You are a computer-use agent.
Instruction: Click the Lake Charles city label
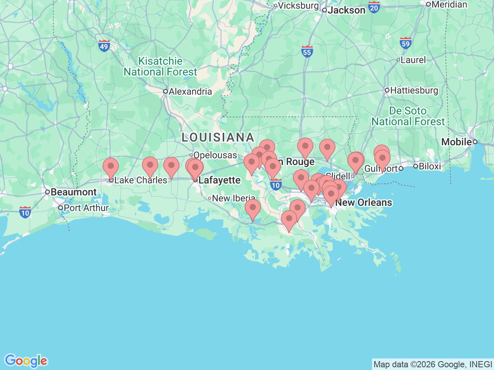pyautogui.click(x=141, y=180)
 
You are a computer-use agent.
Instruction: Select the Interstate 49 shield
pyautogui.click(x=104, y=46)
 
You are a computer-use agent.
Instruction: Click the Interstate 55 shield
pyautogui.click(x=307, y=52)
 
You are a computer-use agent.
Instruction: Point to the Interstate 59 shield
pyautogui.click(x=406, y=43)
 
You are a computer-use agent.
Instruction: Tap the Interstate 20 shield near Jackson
pyautogui.click(x=374, y=7)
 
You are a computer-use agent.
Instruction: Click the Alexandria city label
pyautogui.click(x=190, y=92)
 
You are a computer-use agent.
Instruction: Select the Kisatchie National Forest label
pyautogui.click(x=161, y=67)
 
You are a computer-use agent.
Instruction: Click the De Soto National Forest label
pyautogui.click(x=408, y=116)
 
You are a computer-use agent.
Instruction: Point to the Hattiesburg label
pyautogui.click(x=414, y=91)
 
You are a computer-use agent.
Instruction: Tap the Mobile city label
pyautogui.click(x=457, y=142)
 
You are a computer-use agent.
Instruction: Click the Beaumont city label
pyautogui.click(x=73, y=192)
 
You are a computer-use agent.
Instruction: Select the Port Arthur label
pyautogui.click(x=86, y=208)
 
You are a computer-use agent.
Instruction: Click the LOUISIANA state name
pyautogui.click(x=218, y=137)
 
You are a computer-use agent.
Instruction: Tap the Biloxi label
pyautogui.click(x=430, y=166)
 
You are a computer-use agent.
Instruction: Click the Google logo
pyautogui.click(x=26, y=361)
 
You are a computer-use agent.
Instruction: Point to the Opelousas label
pyautogui.click(x=215, y=155)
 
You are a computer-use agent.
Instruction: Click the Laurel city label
pyautogui.click(x=413, y=60)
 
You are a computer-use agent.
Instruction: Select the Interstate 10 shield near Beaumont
pyautogui.click(x=25, y=212)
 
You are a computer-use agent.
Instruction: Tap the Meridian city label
pyautogui.click(x=449, y=5)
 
